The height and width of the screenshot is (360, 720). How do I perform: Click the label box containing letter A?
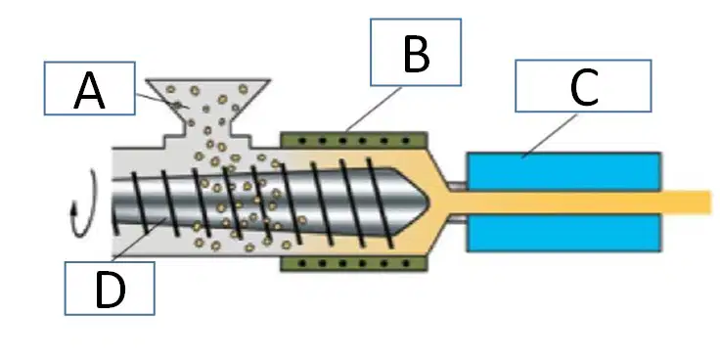pyautogui.click(x=90, y=88)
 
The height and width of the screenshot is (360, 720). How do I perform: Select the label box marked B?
pyautogui.click(x=416, y=53)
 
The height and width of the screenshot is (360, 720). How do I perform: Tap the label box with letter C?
pyautogui.click(x=583, y=86)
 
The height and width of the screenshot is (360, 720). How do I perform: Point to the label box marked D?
pyautogui.click(x=110, y=289)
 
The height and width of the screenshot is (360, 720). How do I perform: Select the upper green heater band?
pyautogui.click(x=354, y=140)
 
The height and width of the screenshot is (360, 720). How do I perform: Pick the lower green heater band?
pyautogui.click(x=354, y=263)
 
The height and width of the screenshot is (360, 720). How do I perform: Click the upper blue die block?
pyautogui.click(x=563, y=171)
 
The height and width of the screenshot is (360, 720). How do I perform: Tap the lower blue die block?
pyautogui.click(x=563, y=233)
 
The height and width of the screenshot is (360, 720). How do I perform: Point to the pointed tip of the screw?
pyautogui.click(x=428, y=202)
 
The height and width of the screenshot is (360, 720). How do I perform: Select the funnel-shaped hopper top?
pyautogui.click(x=207, y=99)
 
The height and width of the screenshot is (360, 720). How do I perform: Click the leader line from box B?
pyautogui.click(x=375, y=110)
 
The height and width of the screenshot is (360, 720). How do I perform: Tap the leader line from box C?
pyautogui.click(x=550, y=136)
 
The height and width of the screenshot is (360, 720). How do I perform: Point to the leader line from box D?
pyautogui.click(x=138, y=241)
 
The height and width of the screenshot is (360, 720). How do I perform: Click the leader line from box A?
pyautogui.click(x=161, y=102)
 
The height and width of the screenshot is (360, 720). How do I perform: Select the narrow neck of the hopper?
pyautogui.click(x=207, y=127)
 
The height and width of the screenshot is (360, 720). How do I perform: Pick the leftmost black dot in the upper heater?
pyautogui.click(x=301, y=141)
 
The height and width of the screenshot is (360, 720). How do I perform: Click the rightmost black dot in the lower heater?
pyautogui.click(x=406, y=263)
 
